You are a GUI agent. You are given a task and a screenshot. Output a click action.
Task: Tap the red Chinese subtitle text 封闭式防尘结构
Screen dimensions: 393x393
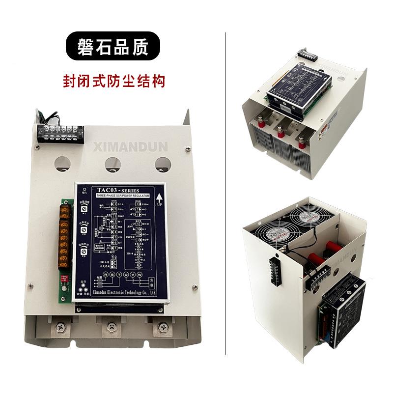click(112, 81)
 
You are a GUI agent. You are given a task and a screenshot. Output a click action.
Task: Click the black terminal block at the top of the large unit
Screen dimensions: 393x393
click(60, 132)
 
